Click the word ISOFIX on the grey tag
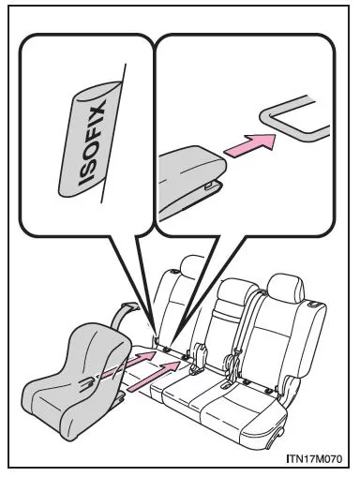[x=92, y=142]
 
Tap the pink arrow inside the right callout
[x=250, y=144]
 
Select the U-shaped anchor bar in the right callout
[x=293, y=119]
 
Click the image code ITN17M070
[x=314, y=458]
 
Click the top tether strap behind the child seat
[x=124, y=316]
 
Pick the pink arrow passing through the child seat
[x=129, y=363]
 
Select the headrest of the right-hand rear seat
[x=285, y=288]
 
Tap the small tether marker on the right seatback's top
[x=313, y=304]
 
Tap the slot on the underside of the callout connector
[x=209, y=186]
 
